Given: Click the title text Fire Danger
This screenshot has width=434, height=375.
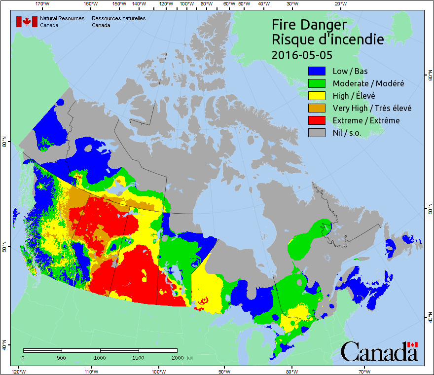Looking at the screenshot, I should click(309, 25).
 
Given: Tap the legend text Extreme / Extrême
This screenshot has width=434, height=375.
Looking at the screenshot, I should click(366, 120).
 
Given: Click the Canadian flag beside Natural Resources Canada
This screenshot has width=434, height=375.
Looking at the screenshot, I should click(27, 22).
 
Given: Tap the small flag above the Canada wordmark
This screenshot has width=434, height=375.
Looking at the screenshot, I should click(412, 344).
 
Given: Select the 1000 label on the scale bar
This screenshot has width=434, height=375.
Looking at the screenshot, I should click(100, 357).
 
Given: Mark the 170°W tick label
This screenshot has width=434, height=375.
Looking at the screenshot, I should click(43, 4).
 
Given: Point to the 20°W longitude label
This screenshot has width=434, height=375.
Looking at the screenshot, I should click(340, 4).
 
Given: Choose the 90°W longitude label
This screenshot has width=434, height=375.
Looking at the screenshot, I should click(224, 371).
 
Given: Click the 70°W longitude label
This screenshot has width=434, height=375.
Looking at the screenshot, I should click(364, 371).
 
